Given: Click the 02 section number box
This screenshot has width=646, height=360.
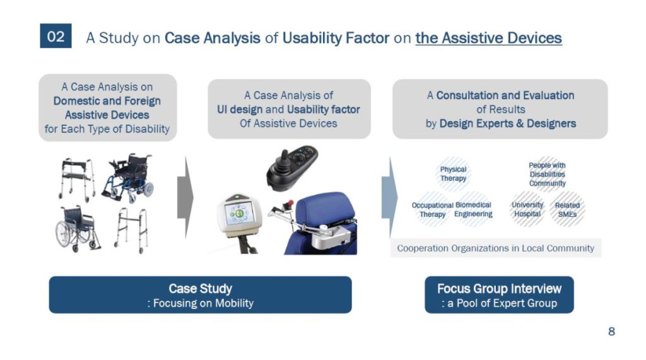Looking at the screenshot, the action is point(56,36).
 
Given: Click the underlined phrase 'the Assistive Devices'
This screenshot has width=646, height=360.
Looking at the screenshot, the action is point(489,38).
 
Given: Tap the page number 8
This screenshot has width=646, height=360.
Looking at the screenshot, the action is point(611,331).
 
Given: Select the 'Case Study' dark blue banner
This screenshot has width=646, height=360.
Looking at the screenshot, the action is point(200,295).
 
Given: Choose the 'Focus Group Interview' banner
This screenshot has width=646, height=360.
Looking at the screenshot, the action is point(499,295).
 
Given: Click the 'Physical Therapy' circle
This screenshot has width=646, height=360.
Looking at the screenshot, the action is point(453,174).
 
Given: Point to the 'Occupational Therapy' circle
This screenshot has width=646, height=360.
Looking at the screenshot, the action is point(433,209).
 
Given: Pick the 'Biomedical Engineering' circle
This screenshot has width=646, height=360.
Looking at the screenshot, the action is point(473,209).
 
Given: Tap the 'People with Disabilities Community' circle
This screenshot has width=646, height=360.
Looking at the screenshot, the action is point(547,174).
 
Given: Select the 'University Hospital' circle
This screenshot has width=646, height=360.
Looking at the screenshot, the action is point(527,209).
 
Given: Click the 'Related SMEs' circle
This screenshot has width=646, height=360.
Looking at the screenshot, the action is point(567,209).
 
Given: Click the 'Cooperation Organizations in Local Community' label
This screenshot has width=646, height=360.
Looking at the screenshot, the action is point(496,248).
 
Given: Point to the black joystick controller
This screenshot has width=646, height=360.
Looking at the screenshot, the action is point(291,167).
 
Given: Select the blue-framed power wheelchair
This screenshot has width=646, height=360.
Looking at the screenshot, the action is point(128,178).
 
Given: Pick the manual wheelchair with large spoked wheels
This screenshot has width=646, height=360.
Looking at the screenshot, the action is point(77,229).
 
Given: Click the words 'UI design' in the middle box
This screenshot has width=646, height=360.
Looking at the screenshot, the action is point(239,110).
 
